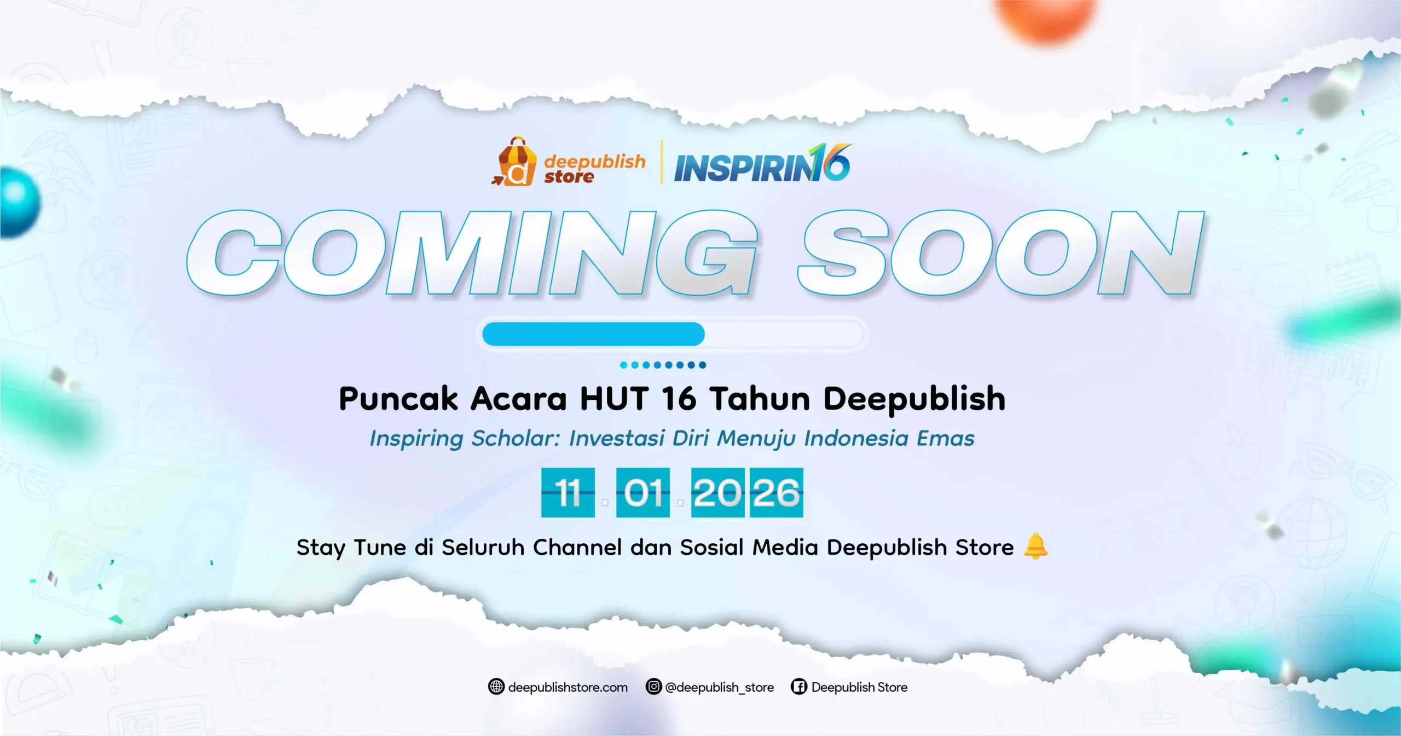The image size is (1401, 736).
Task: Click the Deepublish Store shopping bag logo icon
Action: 514,163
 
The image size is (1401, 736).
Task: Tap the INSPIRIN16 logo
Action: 762,164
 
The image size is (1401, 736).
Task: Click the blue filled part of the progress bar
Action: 593,334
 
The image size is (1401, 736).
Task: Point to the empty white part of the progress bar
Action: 783,334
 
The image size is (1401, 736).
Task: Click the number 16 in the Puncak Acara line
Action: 679,399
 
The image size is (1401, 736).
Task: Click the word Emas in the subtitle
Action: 946,439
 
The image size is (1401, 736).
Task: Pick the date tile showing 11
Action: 568,492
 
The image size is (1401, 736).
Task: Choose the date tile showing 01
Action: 642,492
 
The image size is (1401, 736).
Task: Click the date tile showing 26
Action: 776,492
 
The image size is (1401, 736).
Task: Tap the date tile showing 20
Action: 717,492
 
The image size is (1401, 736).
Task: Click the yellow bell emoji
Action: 1035,547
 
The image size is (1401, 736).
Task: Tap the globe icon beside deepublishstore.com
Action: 496,687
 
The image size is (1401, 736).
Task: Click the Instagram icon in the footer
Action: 653,687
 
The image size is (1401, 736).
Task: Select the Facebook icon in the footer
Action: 798,687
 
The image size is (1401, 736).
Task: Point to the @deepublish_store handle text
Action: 719,687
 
